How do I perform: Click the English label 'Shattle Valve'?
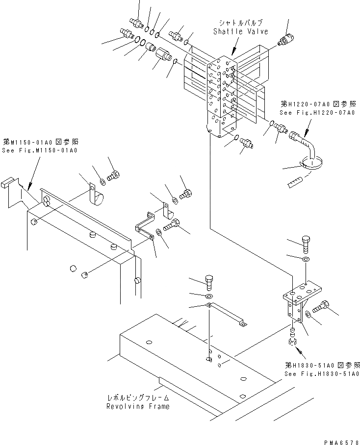pyautogui.click(x=240, y=31)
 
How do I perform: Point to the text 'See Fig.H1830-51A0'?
pyautogui.click(x=322, y=373)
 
